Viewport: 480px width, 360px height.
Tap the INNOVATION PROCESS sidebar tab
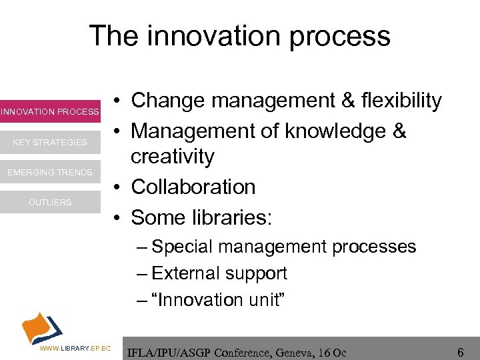pos(50,112)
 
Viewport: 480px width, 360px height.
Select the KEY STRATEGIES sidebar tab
pos(50,142)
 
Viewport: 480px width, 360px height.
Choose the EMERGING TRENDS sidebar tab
pos(50,173)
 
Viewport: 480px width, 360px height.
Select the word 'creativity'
pos(173,157)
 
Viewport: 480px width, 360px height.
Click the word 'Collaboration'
pos(193,187)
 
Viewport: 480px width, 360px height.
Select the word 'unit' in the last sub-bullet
pos(266,300)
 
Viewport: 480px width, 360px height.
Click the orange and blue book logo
pos(41,327)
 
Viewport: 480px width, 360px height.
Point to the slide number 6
pos(460,351)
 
